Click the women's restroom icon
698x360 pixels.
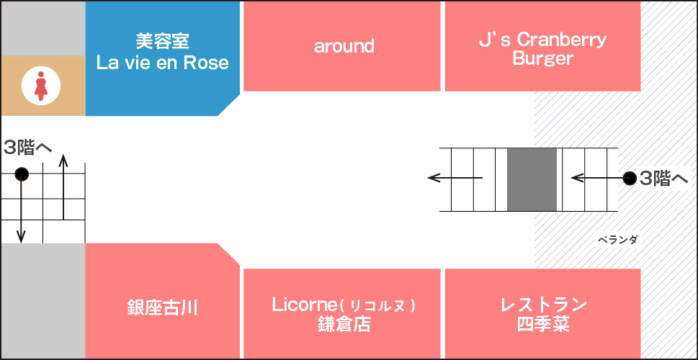click(40, 86)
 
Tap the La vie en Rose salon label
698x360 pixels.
click(163, 53)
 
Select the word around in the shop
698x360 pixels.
click(344, 46)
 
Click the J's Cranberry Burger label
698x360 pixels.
click(542, 48)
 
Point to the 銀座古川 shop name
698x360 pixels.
click(163, 308)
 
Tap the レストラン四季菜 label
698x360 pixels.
click(543, 314)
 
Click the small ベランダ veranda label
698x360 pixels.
click(617, 240)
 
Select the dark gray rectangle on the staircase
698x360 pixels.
click(532, 179)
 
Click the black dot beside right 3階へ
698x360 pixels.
click(630, 179)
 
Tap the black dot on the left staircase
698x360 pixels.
click(22, 174)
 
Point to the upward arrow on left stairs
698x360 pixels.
click(63, 187)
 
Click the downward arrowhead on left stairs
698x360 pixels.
click(21, 237)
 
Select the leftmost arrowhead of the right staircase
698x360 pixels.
click(434, 179)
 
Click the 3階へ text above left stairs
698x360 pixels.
click(25, 148)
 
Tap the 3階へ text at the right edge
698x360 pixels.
click(663, 179)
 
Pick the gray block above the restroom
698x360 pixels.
click(43, 29)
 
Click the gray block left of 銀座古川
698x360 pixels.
click(43, 301)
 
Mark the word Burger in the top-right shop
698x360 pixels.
click(542, 58)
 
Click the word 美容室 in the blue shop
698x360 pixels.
click(163, 42)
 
